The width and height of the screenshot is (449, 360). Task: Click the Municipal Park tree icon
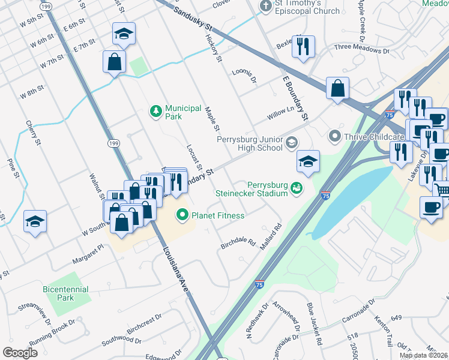point(155,110)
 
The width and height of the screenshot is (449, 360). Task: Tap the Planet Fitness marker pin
point(181,214)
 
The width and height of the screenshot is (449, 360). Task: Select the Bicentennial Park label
point(66,293)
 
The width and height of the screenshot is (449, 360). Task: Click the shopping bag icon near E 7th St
point(114,61)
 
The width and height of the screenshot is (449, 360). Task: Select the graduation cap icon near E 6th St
point(124,34)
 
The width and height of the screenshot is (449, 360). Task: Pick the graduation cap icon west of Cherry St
point(35,221)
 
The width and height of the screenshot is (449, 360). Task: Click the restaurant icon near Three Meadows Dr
point(304,46)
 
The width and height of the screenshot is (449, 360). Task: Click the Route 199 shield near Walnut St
point(113,143)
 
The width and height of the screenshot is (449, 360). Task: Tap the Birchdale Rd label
point(238,243)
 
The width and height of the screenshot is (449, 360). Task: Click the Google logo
point(20,352)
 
